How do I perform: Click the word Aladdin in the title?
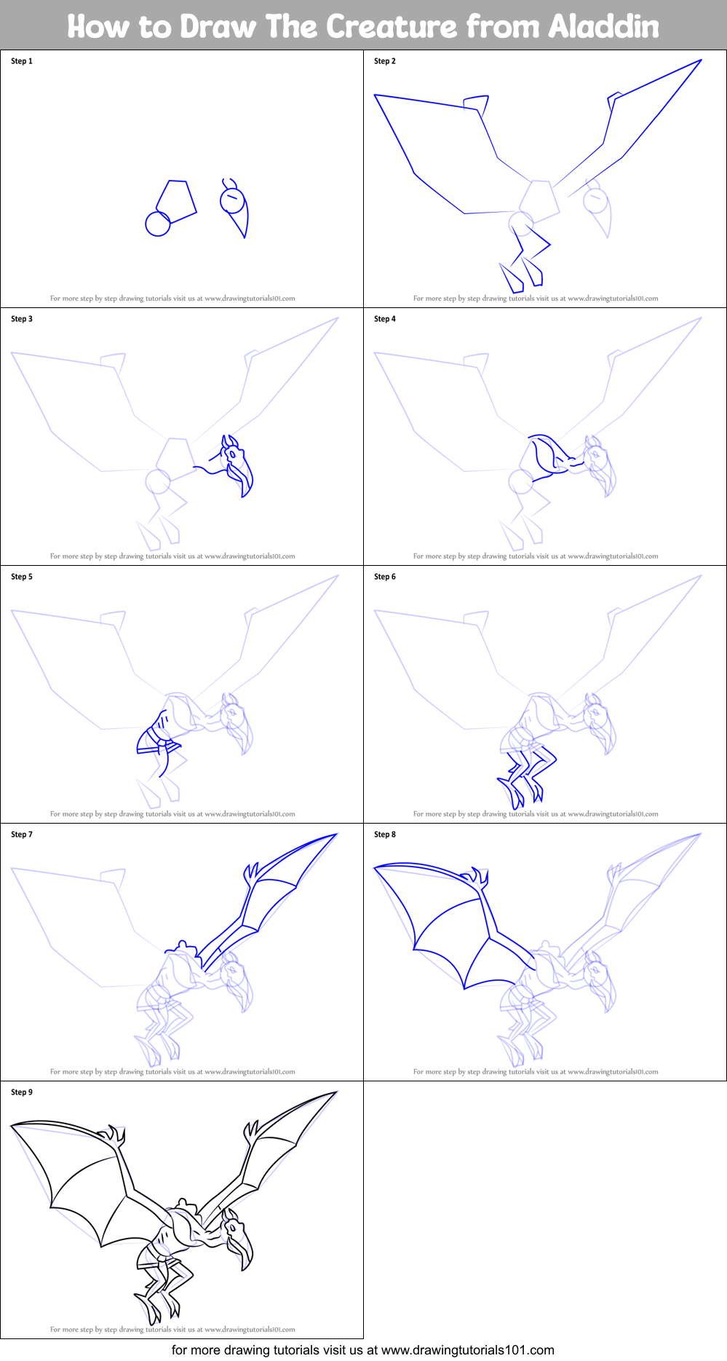point(603,27)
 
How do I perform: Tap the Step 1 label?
point(22,61)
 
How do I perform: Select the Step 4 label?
point(385,319)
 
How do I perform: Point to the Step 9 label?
point(22,1092)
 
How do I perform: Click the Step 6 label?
point(385,577)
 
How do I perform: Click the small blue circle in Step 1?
point(157,224)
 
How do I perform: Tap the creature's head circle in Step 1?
point(232,200)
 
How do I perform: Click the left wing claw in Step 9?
point(114,1134)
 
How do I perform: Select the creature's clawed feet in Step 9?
point(156,1307)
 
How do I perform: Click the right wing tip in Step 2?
point(700,60)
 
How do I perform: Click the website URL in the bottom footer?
point(467,1350)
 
